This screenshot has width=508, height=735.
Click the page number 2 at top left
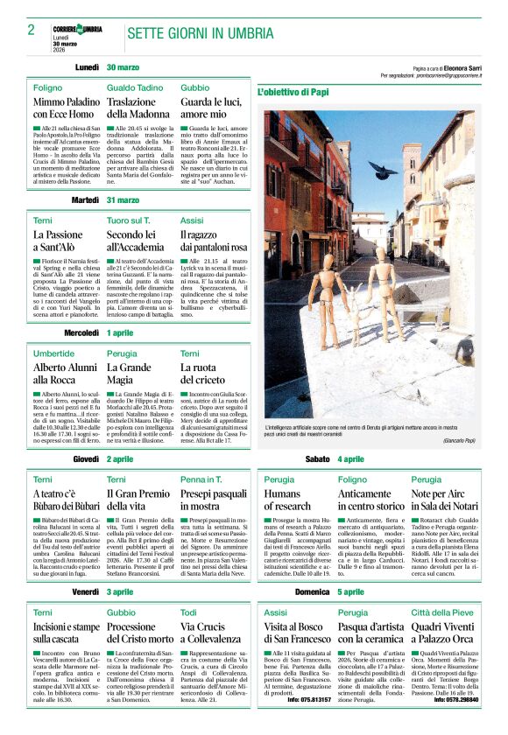pos(31,29)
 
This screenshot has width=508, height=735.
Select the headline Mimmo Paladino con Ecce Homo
pos(64,108)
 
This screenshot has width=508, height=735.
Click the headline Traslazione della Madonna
pos(138,108)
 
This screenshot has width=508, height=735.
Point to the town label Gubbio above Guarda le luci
pos(194,88)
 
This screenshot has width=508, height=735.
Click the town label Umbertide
pos(54,353)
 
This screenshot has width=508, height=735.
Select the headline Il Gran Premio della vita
pos(139,500)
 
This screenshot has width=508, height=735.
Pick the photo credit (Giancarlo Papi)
pos(466,439)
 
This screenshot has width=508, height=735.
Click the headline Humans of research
pos(287,500)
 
